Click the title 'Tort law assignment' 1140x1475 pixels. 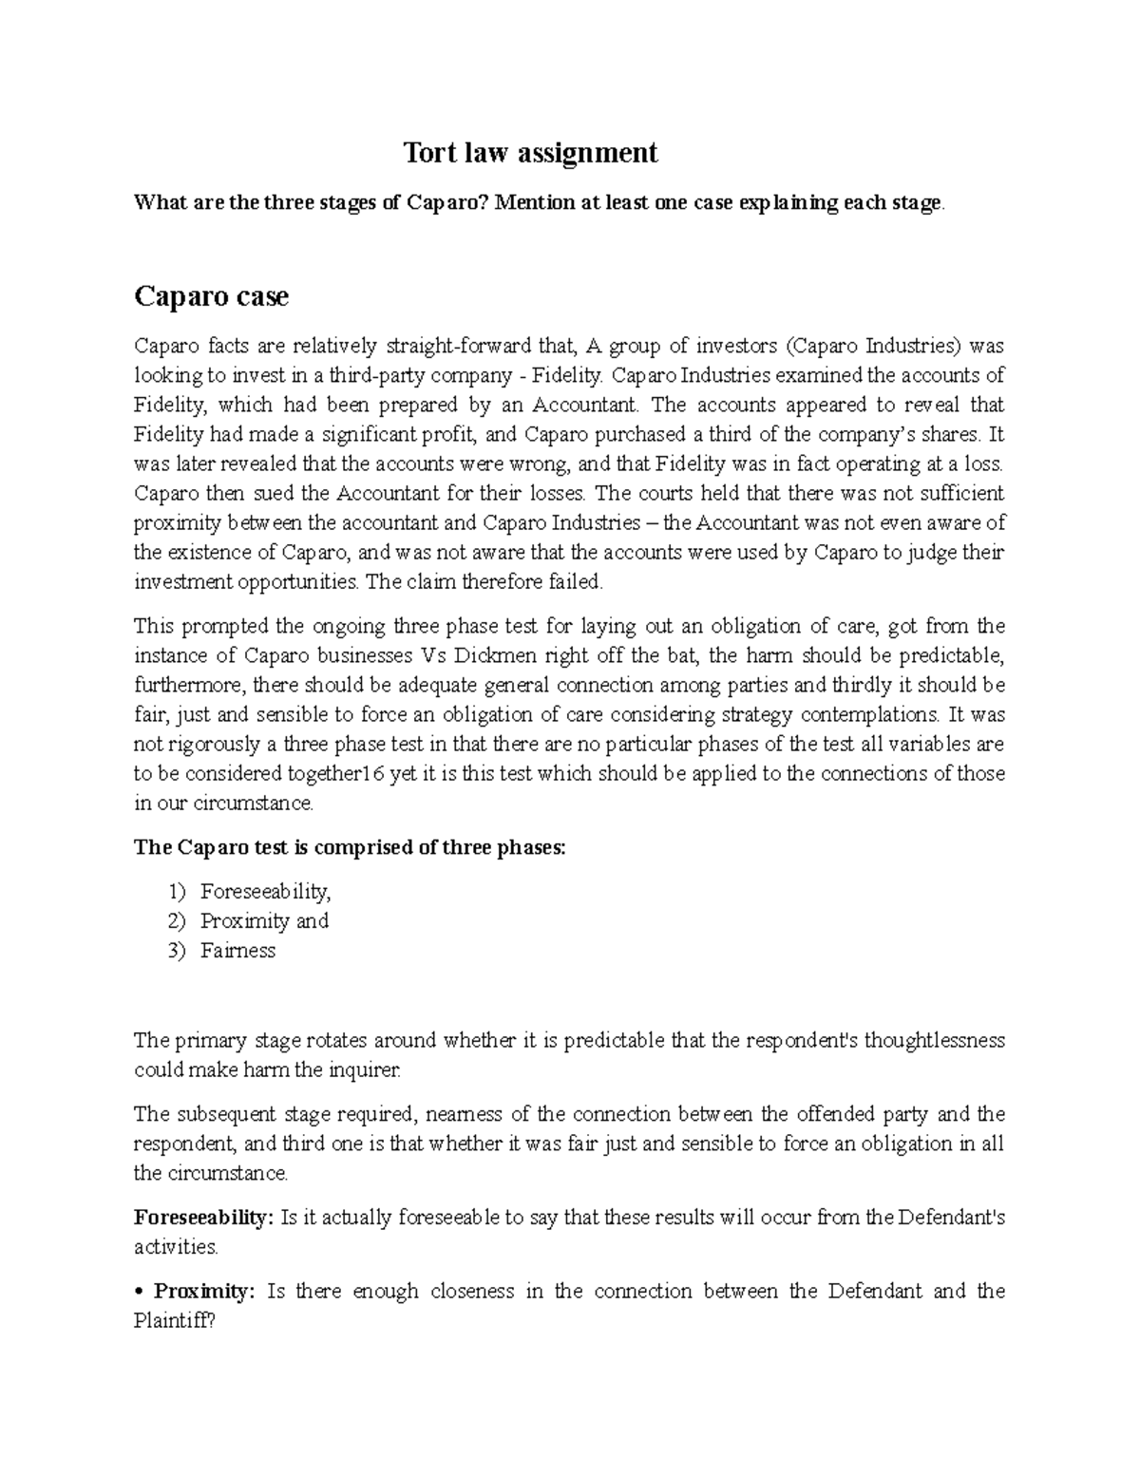[530, 153]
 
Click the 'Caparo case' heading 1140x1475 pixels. [211, 297]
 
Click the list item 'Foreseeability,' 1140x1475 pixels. [265, 892]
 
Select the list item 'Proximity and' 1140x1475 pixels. [264, 921]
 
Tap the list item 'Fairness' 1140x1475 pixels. [237, 951]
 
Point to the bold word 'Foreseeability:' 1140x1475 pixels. [202, 1218]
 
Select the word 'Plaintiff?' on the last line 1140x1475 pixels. [175, 1321]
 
